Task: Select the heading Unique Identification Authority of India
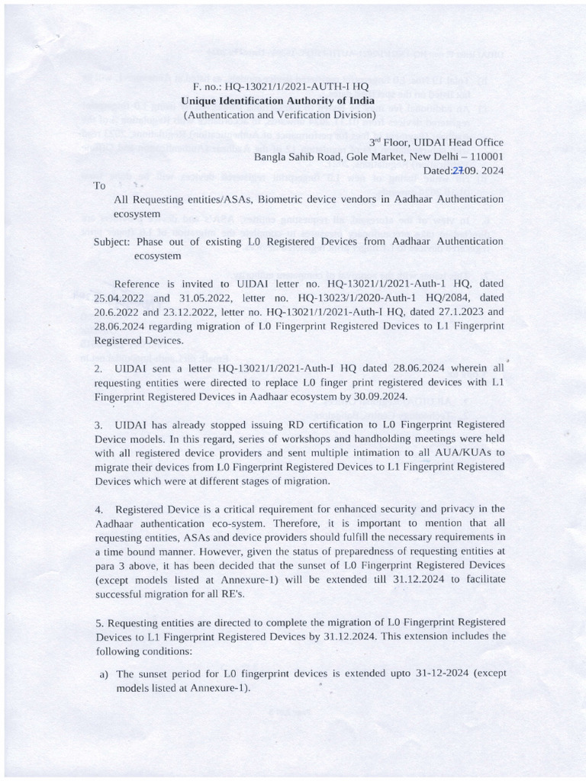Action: point(278,101)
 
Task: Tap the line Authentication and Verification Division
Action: point(278,115)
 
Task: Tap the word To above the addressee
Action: point(99,185)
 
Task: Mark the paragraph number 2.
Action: point(98,368)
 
